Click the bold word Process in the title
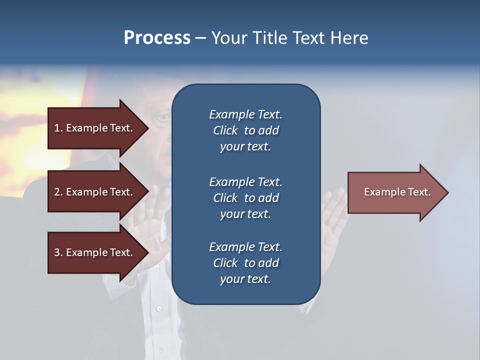pos(157,38)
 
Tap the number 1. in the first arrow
pos(58,128)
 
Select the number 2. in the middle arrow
pos(58,192)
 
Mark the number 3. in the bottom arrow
pos(58,252)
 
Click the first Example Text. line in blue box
pos(245,114)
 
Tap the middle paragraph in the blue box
pos(245,198)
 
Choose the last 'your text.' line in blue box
pos(245,279)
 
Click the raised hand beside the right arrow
pos(333,220)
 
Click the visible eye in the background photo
pos(161,118)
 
